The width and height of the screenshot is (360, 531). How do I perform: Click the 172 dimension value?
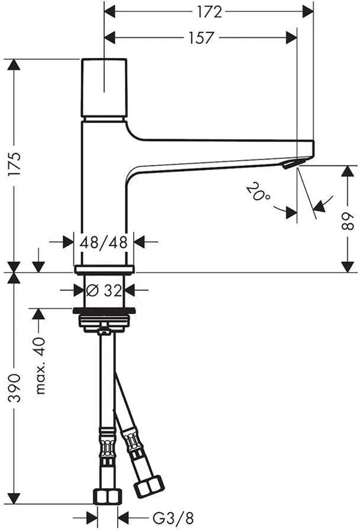pos(210,12)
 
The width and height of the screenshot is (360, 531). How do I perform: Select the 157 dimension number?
pos(201,37)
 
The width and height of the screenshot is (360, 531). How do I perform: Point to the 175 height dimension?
pos(14,165)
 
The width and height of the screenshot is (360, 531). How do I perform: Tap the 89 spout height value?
pos(347,222)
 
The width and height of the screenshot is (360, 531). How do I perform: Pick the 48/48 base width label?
pos(104,242)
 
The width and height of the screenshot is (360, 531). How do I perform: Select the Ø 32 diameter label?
pos(104,290)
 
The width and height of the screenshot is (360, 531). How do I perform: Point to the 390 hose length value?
pos(14,388)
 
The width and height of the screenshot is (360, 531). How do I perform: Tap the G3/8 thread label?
pos(173,518)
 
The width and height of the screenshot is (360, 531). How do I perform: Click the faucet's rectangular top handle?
pos(104,88)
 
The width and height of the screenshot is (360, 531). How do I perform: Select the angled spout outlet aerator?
pos(290,164)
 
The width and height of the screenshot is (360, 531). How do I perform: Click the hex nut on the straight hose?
pos(107,497)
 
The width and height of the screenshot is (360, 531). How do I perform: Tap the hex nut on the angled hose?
pos(149,487)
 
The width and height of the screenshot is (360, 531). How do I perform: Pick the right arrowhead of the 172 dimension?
pos(307,12)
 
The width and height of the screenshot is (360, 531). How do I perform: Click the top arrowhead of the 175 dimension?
pos(14,65)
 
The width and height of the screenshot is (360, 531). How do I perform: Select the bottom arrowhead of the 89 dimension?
pos(348,267)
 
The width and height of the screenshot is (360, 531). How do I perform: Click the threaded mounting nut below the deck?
pos(104,321)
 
